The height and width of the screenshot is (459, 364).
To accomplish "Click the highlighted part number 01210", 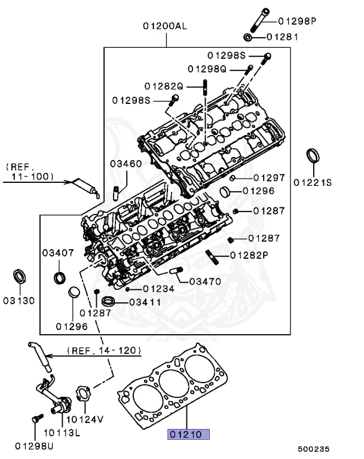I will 187,434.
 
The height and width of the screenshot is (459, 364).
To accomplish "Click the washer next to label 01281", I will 249,38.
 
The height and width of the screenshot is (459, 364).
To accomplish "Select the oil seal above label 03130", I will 22,277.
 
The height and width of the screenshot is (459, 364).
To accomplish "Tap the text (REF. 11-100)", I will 29,171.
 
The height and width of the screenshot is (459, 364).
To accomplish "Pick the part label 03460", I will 126,163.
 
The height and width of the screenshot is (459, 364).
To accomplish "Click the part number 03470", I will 205,281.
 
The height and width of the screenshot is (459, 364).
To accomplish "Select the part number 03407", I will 58,253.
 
